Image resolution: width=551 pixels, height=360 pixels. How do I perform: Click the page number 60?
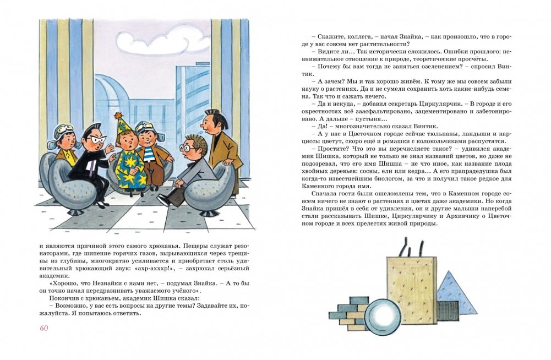pos(44,328)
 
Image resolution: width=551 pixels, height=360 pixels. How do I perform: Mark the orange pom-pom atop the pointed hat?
pos(117,115)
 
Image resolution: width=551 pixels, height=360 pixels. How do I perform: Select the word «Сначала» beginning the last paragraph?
pos(323,194)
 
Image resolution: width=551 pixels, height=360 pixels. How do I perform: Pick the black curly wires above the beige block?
pos(411,248)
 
